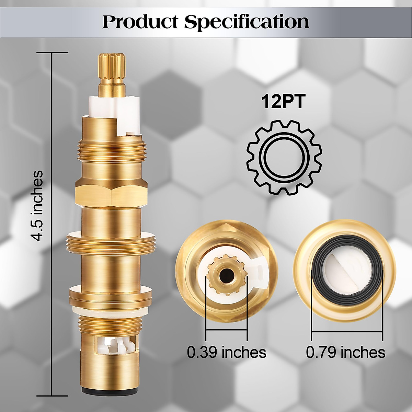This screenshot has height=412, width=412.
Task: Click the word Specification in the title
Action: [247, 22]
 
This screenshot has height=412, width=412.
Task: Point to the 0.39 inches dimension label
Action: [227, 352]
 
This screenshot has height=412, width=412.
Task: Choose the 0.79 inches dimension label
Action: [345, 352]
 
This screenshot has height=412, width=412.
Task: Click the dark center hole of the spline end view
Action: [226, 274]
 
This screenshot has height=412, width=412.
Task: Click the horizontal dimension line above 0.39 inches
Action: [227, 330]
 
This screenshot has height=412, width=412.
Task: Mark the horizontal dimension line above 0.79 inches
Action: [347, 332]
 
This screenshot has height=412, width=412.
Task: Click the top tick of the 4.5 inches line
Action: [52, 52]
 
